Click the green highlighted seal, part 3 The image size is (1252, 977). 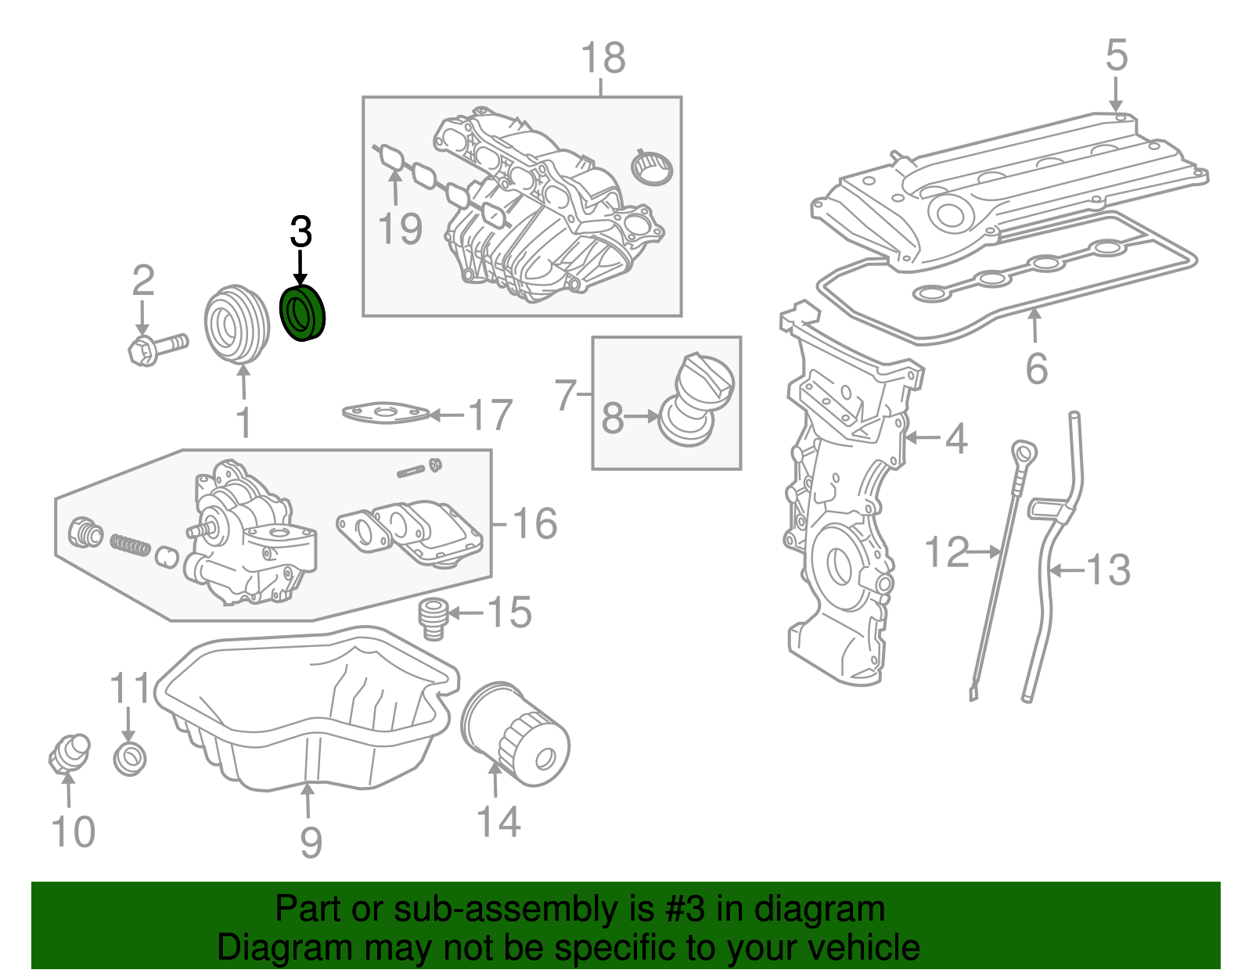pyautogui.click(x=303, y=314)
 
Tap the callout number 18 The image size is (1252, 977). pyautogui.click(x=603, y=58)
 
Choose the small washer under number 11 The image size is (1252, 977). pyautogui.click(x=129, y=757)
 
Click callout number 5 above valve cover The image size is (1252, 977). pyautogui.click(x=1117, y=56)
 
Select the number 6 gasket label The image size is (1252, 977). pyautogui.click(x=1037, y=368)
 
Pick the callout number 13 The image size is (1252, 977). pyautogui.click(x=1109, y=570)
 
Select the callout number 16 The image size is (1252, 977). pyautogui.click(x=535, y=523)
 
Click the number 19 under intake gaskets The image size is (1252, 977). pyautogui.click(x=399, y=229)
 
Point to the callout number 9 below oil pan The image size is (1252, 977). pyautogui.click(x=311, y=842)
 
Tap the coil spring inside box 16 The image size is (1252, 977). pyautogui.click(x=130, y=544)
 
